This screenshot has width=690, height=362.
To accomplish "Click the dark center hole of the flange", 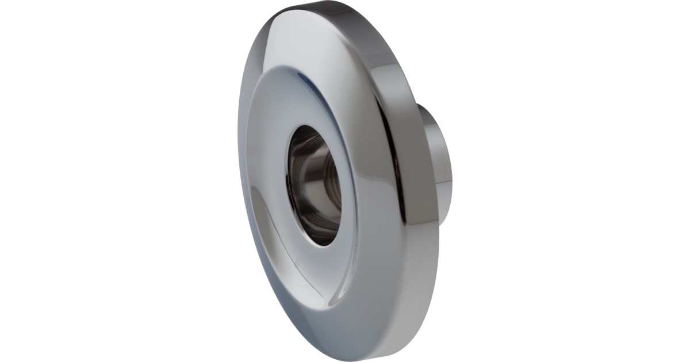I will tap(313, 184).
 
